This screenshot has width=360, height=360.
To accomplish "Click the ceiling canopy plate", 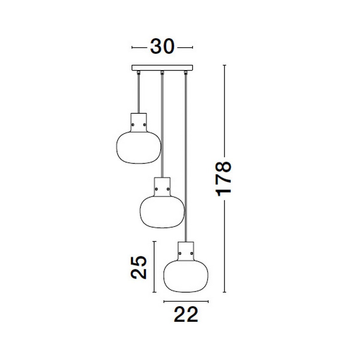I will click(x=162, y=68).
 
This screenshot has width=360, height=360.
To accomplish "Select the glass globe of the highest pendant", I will click(x=139, y=148).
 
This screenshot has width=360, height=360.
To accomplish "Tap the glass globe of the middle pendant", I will click(x=162, y=212).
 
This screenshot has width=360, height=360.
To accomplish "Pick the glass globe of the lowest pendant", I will click(x=186, y=276).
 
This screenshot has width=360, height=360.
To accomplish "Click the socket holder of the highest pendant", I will click(x=139, y=122).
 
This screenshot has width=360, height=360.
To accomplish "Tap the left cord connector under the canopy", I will click(x=139, y=72).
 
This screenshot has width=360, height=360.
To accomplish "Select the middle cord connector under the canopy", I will click(x=162, y=72).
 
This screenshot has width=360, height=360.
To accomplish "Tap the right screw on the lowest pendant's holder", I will click(x=192, y=253).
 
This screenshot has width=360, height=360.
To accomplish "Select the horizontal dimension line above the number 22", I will click(x=186, y=301).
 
